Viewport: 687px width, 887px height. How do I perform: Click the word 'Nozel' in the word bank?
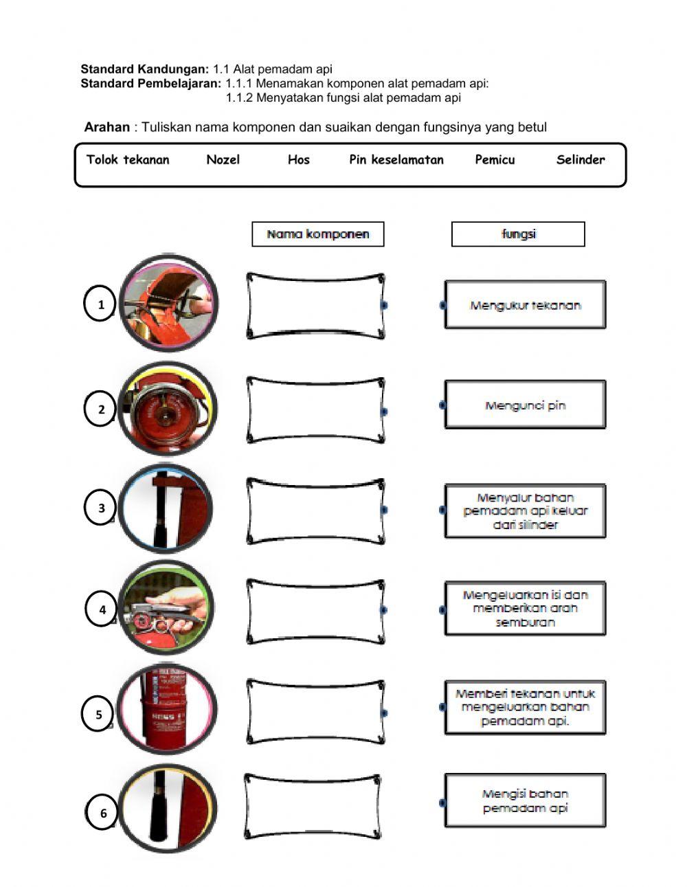[x=223, y=160]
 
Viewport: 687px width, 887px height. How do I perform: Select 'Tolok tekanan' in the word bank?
[x=128, y=160]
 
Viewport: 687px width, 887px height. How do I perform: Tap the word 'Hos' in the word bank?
[x=298, y=160]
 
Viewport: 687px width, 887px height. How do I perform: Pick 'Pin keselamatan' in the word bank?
[x=396, y=160]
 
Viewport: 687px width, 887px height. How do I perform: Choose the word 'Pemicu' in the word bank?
[x=495, y=160]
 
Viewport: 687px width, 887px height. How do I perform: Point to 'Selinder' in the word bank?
[x=581, y=160]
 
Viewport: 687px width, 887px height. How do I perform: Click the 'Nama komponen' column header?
[x=317, y=234]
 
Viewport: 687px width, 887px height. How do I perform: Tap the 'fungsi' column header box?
[x=518, y=234]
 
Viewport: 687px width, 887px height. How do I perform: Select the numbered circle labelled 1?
[x=101, y=304]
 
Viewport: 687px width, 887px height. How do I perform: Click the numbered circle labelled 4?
[x=102, y=609]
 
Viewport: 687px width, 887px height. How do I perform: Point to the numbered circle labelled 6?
[x=103, y=813]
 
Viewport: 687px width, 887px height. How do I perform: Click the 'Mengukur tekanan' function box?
[x=525, y=305]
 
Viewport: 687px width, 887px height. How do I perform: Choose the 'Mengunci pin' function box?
[x=525, y=405]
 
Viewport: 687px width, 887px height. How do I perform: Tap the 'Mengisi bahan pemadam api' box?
[x=525, y=801]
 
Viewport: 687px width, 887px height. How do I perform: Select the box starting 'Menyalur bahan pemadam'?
[x=525, y=511]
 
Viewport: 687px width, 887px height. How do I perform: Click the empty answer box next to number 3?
[x=315, y=510]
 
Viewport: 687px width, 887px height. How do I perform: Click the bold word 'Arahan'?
[x=106, y=127]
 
